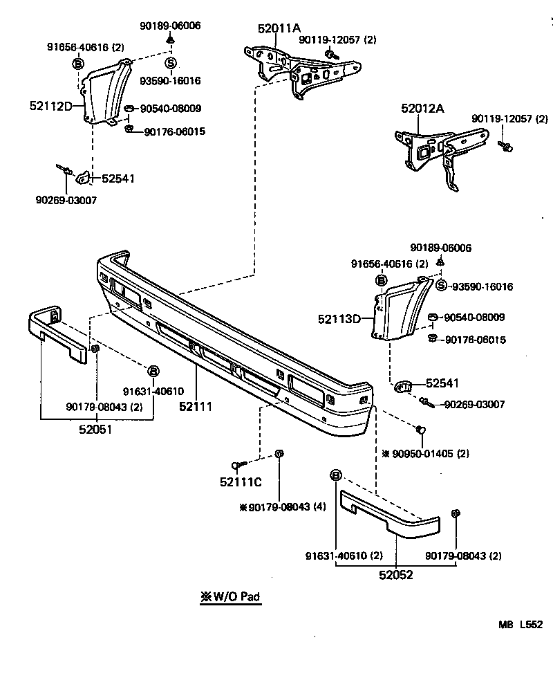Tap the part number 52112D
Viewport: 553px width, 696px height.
pyautogui.click(x=50, y=106)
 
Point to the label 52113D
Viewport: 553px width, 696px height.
pyautogui.click(x=339, y=319)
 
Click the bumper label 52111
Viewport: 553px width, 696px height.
pyautogui.click(x=196, y=407)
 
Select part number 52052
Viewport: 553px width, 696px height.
pyautogui.click(x=396, y=574)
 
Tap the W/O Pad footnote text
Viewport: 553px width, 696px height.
pyautogui.click(x=231, y=596)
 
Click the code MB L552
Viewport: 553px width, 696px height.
pyautogui.click(x=521, y=624)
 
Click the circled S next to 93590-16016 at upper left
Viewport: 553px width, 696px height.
pyautogui.click(x=170, y=63)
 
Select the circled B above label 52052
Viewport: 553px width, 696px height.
pyautogui.click(x=336, y=475)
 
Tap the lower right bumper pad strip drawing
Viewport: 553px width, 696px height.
pyautogui.click(x=391, y=513)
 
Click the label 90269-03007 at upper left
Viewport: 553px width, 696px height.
pyautogui.click(x=66, y=201)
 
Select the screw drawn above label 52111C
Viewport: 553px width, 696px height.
pyautogui.click(x=236, y=465)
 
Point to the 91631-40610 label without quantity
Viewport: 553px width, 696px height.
pyautogui.click(x=153, y=391)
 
